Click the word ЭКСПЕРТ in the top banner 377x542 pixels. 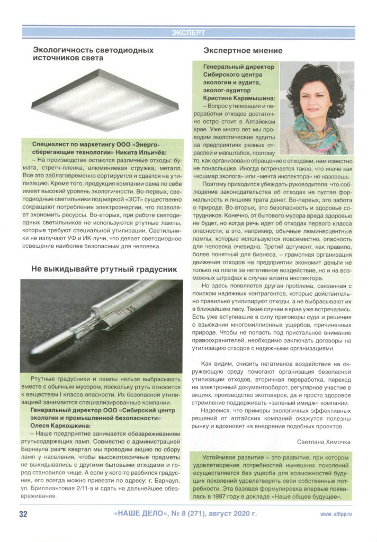(188, 33)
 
